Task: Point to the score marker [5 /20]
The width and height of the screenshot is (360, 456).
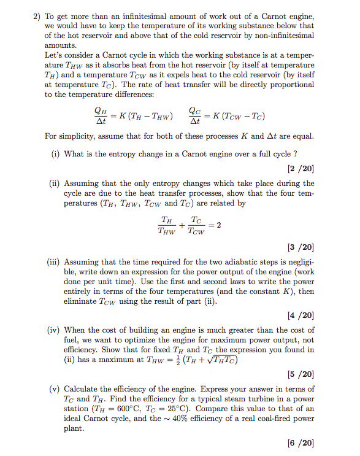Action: click(300, 374)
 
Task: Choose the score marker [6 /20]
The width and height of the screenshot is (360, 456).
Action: click(300, 442)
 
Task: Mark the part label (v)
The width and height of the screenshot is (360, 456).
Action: click(55, 388)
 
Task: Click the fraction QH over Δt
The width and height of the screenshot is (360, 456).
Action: click(99, 115)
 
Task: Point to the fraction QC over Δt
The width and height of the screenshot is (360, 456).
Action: click(196, 115)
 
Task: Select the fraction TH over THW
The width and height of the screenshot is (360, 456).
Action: click(166, 225)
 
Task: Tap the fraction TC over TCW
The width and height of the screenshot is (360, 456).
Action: click(196, 225)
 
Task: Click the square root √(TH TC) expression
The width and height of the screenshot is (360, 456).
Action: click(223, 360)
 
